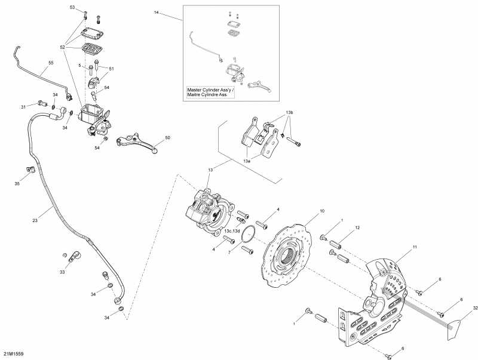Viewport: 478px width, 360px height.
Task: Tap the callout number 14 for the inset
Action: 157,13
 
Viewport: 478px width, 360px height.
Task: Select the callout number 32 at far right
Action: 474,308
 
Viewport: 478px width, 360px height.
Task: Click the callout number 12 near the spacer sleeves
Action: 357,228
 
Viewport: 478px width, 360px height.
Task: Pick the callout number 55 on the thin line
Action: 50,63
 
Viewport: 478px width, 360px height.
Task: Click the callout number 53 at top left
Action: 72,8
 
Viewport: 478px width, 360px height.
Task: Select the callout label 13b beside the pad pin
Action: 289,112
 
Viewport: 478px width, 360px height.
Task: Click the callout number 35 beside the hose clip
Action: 17,183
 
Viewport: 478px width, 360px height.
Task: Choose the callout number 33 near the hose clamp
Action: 62,272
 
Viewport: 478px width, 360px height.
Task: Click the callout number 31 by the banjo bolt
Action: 23,107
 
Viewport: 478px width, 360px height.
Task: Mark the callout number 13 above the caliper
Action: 210,170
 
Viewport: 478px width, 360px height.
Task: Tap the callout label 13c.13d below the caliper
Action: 232,231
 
